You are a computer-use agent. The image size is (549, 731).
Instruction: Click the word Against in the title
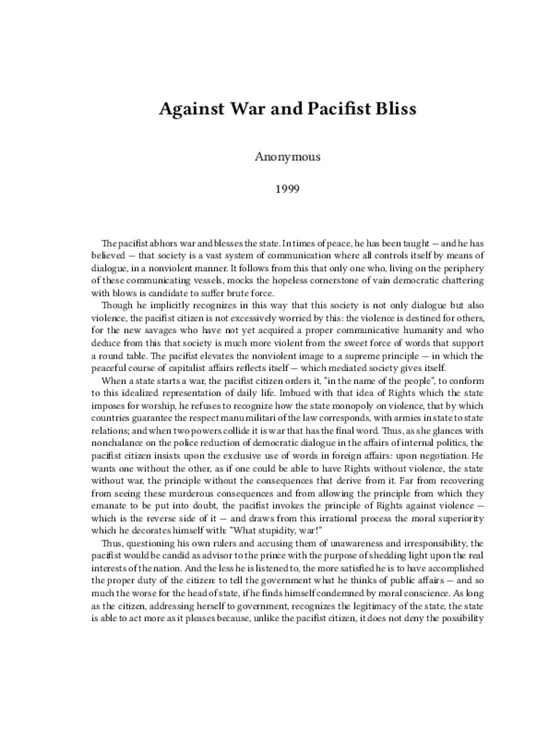[188, 109]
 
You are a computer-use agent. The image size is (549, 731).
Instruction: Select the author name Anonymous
[288, 157]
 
